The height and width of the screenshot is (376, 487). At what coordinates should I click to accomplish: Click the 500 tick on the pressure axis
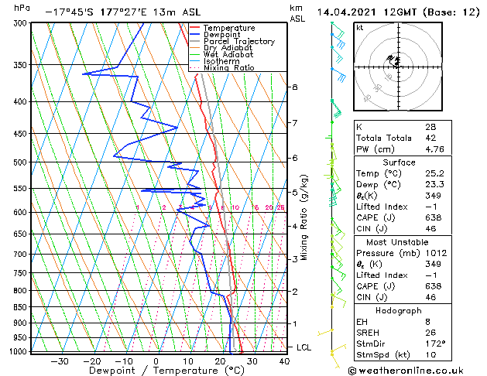coord(21,162)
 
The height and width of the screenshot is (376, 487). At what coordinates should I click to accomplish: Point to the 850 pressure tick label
coord(21,307)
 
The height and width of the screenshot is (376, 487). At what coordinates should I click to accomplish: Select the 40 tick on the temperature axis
coord(284,361)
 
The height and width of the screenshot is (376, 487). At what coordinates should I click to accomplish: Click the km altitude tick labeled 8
coord(294,87)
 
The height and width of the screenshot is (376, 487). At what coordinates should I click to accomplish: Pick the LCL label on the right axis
coord(305,347)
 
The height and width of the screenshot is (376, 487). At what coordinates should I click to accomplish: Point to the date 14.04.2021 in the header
coord(348,12)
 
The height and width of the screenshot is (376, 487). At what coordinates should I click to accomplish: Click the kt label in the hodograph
coord(359,28)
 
